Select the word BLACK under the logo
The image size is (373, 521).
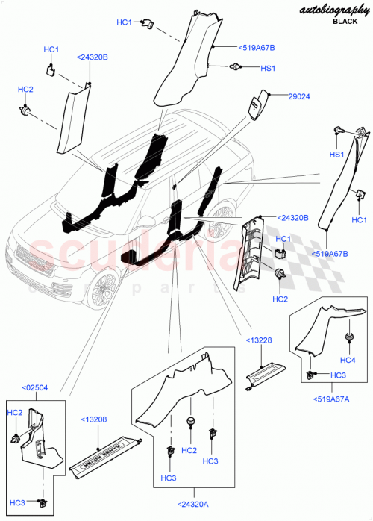click(345, 23)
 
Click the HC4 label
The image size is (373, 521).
click(348, 360)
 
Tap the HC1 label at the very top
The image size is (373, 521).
click(124, 22)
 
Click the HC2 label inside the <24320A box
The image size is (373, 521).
click(189, 450)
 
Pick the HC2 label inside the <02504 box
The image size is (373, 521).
click(15, 412)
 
